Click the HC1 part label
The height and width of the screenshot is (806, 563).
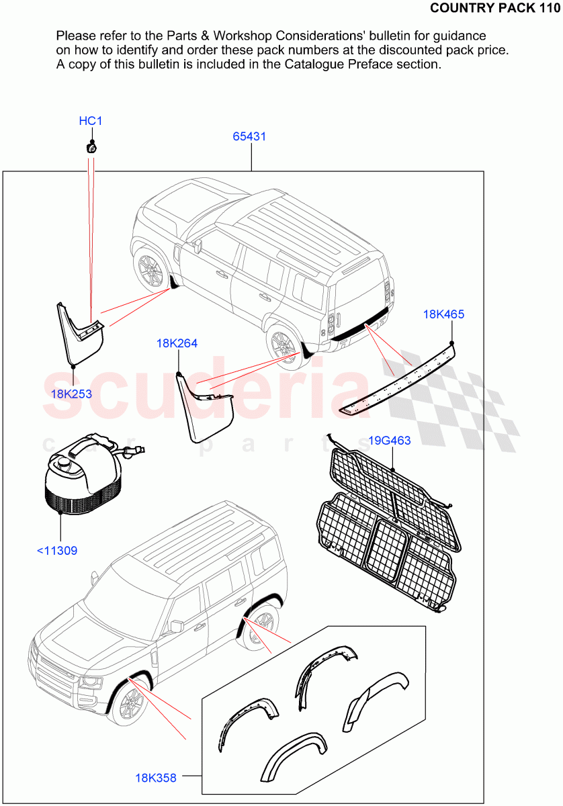91,121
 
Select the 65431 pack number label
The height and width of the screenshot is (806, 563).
249,136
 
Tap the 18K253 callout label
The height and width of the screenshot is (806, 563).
71,394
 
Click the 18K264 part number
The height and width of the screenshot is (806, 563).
177,343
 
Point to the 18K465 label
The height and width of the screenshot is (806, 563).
443,314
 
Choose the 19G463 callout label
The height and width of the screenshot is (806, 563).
390,441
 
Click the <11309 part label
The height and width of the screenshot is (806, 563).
56,551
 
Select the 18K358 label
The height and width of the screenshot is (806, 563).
156,778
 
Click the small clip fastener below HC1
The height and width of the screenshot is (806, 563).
91,147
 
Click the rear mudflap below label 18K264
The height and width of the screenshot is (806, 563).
205,410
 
